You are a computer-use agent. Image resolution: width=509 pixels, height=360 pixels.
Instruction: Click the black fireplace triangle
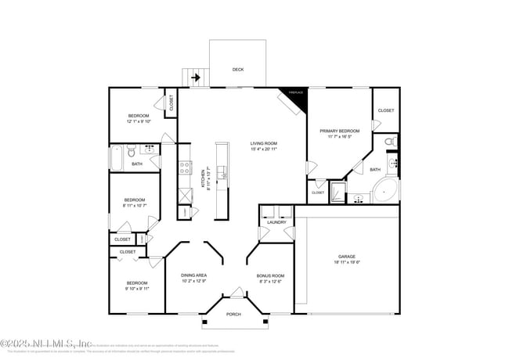(x=298, y=95)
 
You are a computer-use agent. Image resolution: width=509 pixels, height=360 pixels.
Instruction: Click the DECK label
(x=238, y=70)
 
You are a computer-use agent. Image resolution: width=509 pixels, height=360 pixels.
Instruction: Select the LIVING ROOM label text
(x=264, y=143)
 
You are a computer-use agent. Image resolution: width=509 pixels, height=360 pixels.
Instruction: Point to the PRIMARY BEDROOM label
(x=339, y=131)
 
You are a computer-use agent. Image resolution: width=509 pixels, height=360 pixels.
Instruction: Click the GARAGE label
(x=347, y=257)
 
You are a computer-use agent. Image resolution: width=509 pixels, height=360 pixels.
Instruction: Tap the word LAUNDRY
(x=276, y=222)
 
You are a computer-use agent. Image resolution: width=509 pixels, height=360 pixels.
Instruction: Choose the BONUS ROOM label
(x=270, y=275)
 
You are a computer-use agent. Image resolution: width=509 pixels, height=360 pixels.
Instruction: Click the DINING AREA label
(x=193, y=275)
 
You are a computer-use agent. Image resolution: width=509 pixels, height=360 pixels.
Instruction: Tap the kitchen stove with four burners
(x=186, y=165)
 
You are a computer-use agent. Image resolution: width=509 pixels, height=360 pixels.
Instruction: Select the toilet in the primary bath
(x=392, y=142)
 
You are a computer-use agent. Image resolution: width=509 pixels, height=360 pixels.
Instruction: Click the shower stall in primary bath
(x=337, y=192)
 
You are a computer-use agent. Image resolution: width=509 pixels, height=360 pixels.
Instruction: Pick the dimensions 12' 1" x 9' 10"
(x=138, y=121)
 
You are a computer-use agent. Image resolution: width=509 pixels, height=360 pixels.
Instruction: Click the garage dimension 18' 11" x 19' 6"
(x=347, y=263)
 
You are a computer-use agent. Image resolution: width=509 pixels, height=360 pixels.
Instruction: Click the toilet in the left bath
(x=133, y=149)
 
